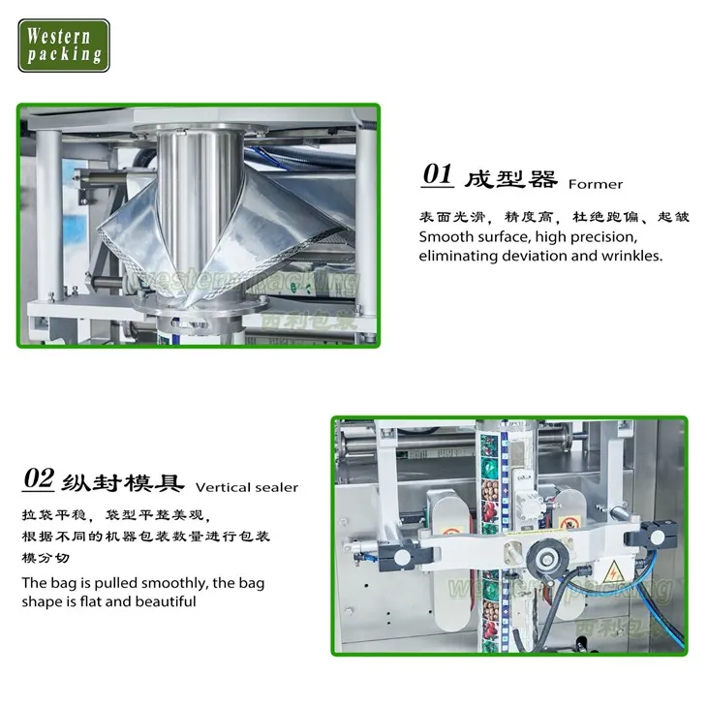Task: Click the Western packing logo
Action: coord(64,45)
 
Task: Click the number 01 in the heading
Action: coord(437,175)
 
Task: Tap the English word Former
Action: coord(596,183)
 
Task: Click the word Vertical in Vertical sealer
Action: coord(222,487)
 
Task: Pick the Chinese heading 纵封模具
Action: coord(122,481)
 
